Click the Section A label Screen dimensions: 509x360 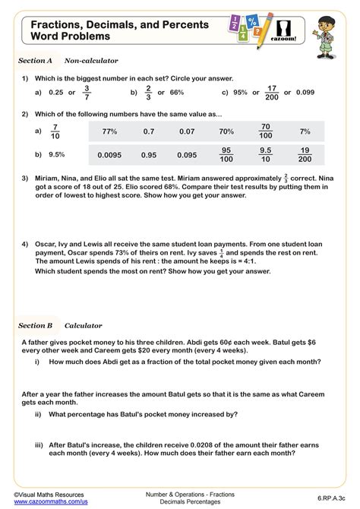pos(35,60)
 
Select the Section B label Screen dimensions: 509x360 pos(35,326)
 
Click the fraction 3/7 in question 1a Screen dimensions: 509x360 pos(86,93)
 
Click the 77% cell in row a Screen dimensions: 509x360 pos(109,131)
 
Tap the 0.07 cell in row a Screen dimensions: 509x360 pos(187,131)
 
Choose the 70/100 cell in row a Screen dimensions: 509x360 pos(266,131)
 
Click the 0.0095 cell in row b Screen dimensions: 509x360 pos(109,155)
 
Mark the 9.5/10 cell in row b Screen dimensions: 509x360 pos(266,155)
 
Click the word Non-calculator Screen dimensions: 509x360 pos(91,60)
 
